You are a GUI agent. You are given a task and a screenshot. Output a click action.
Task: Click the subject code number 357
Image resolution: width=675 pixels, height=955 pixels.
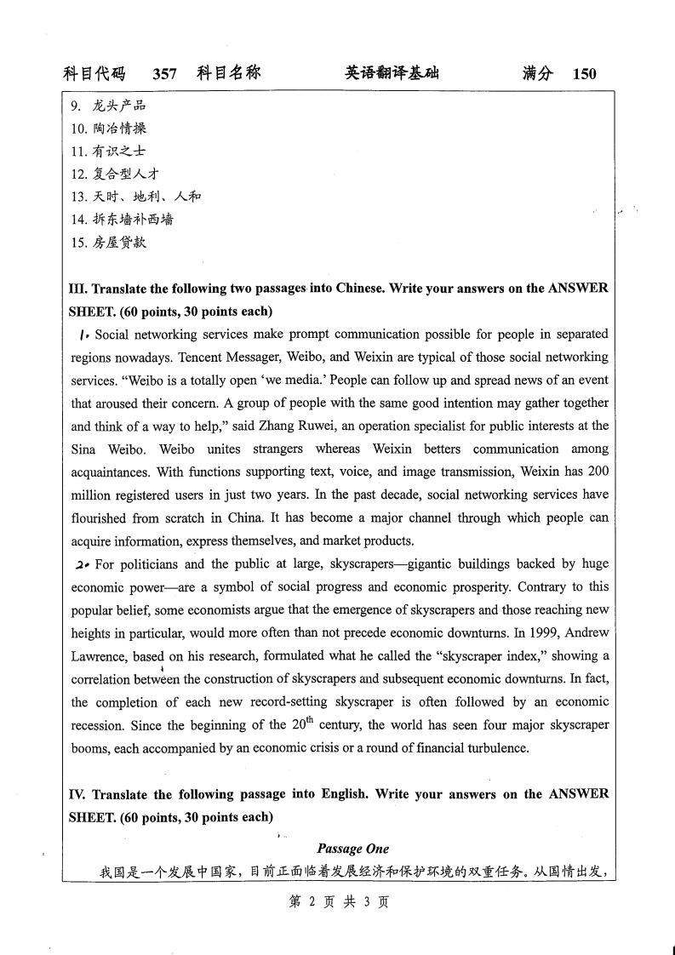[164, 74]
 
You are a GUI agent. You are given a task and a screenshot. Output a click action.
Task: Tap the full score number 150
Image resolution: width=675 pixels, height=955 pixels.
[585, 74]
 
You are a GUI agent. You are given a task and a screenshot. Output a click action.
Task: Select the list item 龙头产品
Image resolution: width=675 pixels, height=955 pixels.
[119, 106]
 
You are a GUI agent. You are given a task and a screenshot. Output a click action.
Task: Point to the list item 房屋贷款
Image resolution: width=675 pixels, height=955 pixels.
[119, 242]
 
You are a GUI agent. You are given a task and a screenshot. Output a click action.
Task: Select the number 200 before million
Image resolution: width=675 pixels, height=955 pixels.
[598, 471]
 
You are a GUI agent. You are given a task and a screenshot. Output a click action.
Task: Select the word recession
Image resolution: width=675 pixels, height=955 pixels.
[100, 725]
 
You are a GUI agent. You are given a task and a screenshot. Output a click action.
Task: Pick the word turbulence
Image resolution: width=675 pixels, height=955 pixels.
[498, 748]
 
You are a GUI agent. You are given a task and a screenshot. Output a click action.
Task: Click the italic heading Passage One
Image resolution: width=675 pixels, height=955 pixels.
[352, 849]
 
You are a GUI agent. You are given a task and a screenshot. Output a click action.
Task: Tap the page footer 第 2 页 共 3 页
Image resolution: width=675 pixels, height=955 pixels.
[339, 902]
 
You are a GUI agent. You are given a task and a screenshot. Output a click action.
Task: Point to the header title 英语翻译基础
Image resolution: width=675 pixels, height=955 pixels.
[392, 74]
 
